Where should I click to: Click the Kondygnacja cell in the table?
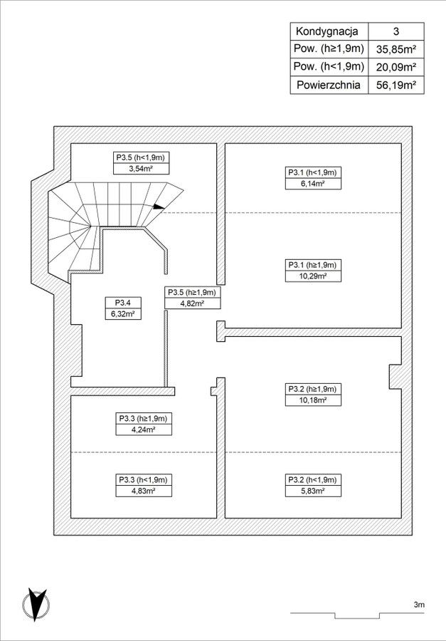click(x=329, y=31)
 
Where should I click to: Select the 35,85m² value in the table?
click(x=395, y=49)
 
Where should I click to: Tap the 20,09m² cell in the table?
click(x=395, y=67)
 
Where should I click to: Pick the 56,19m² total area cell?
click(x=395, y=85)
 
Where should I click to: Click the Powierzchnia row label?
click(x=329, y=85)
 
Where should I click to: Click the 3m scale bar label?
click(x=418, y=605)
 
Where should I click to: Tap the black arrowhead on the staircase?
click(x=159, y=207)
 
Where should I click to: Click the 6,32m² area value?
click(x=121, y=313)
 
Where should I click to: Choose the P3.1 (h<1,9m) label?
click(x=312, y=172)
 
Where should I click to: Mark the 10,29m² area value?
click(x=312, y=276)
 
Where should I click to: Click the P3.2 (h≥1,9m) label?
click(x=312, y=389)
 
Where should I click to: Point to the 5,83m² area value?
click(x=312, y=491)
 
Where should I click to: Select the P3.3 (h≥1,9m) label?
click(x=142, y=419)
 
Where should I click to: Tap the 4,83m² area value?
click(x=142, y=491)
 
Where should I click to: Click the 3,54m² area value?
click(x=142, y=169)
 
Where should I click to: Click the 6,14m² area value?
click(x=312, y=184)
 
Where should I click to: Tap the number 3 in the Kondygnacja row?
click(x=395, y=31)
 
